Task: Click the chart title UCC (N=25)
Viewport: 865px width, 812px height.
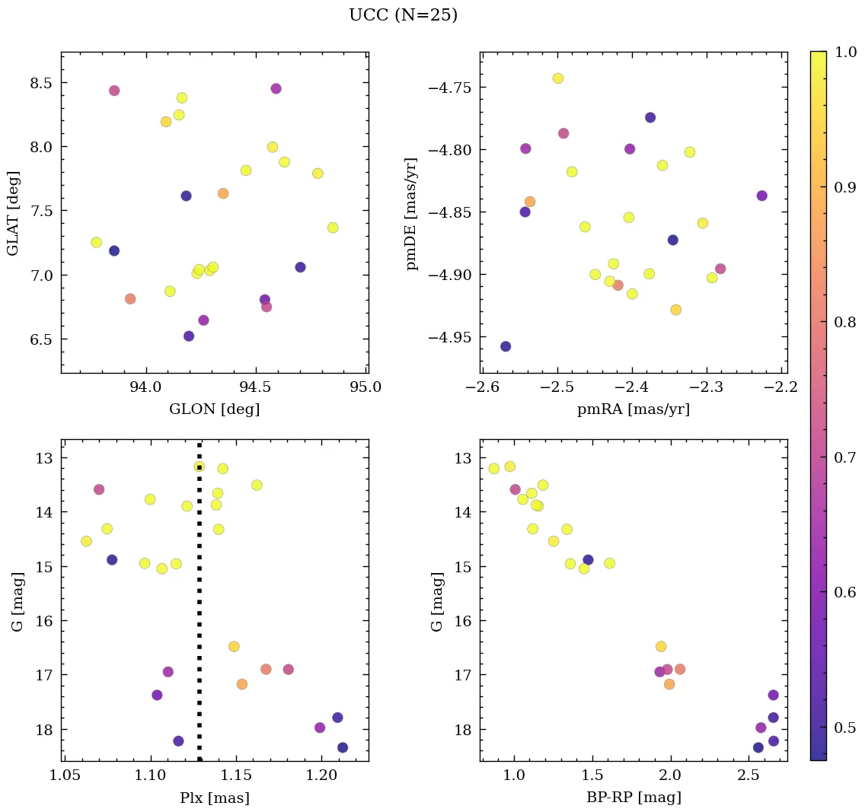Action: [403, 15]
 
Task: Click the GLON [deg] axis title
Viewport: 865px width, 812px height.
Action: [214, 409]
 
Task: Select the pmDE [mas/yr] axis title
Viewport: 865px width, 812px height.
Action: [412, 212]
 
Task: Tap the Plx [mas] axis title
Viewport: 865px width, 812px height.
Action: [214, 798]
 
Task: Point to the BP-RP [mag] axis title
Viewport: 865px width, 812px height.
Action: [634, 798]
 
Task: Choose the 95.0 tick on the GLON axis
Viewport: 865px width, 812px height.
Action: [365, 387]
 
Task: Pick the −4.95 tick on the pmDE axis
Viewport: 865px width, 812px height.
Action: [450, 337]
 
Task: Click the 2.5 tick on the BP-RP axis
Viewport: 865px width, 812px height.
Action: [748, 776]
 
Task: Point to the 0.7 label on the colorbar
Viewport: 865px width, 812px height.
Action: [846, 457]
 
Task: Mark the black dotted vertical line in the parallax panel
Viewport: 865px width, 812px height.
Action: [199, 609]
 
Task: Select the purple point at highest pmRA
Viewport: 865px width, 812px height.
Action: [761, 196]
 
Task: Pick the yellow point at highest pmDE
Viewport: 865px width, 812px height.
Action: [558, 78]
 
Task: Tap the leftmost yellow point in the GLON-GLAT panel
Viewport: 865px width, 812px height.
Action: [96, 242]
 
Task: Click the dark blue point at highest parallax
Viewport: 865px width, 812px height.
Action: [343, 747]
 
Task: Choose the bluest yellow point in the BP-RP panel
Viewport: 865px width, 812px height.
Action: [494, 469]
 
